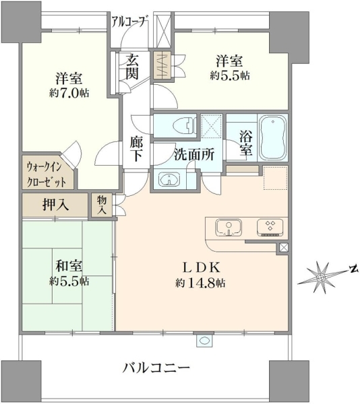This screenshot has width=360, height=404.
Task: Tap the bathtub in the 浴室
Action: (x=272, y=137)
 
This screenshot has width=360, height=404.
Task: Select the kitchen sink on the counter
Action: (x=229, y=228)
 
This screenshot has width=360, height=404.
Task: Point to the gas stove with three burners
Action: (x=270, y=228)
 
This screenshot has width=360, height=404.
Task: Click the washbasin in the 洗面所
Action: (x=169, y=179)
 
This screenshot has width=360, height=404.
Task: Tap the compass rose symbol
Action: (x=321, y=277)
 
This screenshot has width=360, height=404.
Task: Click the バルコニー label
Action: (x=156, y=368)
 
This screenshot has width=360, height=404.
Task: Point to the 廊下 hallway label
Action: (x=136, y=149)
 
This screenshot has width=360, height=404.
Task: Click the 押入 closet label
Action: (x=55, y=205)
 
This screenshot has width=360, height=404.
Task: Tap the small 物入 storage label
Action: (x=102, y=205)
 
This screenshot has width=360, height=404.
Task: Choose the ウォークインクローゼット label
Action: (x=47, y=175)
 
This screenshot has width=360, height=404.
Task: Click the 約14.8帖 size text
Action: (x=200, y=283)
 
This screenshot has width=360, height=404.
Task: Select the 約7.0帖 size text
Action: (x=69, y=93)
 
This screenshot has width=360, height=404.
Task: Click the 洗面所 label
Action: (x=194, y=155)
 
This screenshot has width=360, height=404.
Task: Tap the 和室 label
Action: (x=69, y=266)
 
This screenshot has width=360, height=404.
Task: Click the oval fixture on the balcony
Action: (x=205, y=341)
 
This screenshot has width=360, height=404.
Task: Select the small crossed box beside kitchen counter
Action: (x=283, y=248)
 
